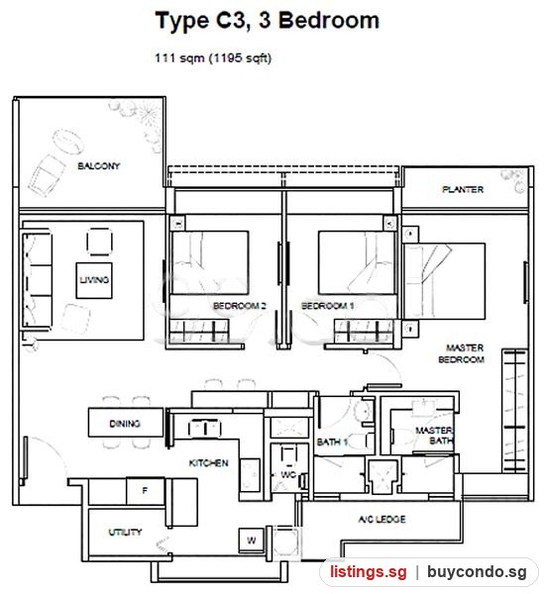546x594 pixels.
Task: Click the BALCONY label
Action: (98, 166)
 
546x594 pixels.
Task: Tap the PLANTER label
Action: (463, 189)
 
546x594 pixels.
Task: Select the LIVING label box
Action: (94, 280)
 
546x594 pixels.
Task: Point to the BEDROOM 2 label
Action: (239, 306)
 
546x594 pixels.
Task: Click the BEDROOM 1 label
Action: (327, 306)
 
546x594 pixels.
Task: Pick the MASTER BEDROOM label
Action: (462, 353)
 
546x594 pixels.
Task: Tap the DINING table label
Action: (126, 423)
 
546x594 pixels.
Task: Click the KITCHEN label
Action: (208, 463)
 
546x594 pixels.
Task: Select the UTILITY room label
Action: (125, 533)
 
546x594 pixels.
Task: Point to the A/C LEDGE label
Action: (382, 519)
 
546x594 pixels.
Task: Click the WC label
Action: (288, 474)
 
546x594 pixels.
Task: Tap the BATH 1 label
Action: (332, 442)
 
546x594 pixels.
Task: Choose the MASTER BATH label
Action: (435, 436)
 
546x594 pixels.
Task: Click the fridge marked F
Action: (146, 491)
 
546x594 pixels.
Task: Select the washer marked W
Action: (252, 541)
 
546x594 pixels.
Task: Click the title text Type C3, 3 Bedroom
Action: (268, 20)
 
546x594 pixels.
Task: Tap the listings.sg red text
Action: (369, 571)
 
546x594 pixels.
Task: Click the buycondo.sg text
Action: (477, 571)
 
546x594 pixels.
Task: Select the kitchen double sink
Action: (204, 429)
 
